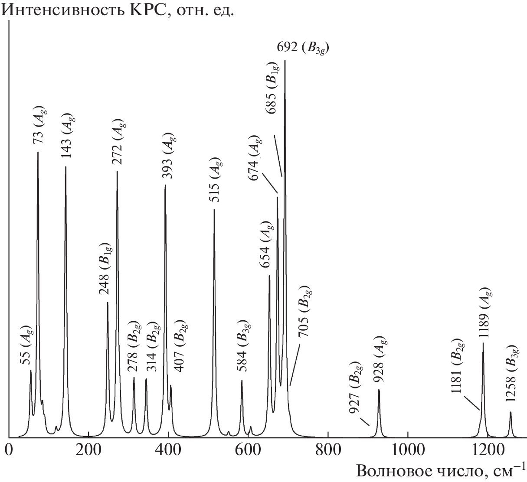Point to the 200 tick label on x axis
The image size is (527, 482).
point(88,448)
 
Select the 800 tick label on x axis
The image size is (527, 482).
point(328,448)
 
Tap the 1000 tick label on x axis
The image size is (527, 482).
point(408,448)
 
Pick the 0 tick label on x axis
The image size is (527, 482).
point(9,448)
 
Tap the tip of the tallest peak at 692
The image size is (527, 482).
point(285,61)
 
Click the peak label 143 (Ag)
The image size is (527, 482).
point(67,140)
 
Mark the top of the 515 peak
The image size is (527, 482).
point(214,210)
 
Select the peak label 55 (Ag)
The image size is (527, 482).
point(26,345)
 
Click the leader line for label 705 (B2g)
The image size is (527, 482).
point(295,364)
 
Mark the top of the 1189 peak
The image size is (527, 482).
point(483,343)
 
